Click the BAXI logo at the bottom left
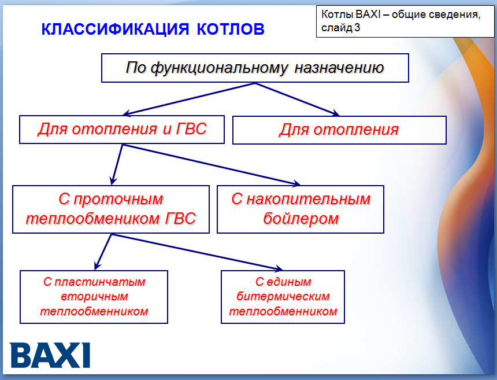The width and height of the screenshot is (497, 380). coord(50,355)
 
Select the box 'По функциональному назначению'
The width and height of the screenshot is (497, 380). coord(255,68)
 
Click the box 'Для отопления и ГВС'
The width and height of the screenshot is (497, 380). coord(122,129)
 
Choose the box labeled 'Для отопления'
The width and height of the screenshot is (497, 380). coord(339,130)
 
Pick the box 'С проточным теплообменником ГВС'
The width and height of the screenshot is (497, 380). coord(111,209)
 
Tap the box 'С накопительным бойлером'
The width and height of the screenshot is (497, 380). coord(301,209)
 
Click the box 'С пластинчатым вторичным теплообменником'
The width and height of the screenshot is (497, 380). coord(94,297)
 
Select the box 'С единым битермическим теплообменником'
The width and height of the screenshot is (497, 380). coord(283,297)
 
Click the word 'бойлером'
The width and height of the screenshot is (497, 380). coord(301,219)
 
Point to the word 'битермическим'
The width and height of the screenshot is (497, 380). coord(283,297)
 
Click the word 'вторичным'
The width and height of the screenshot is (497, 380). coord(94,297)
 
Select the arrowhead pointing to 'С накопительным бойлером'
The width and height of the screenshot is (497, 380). coord(295,184)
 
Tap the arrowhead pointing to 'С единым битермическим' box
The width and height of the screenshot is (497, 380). coord(277,268)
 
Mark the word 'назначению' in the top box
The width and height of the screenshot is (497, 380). coord(339,68)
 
